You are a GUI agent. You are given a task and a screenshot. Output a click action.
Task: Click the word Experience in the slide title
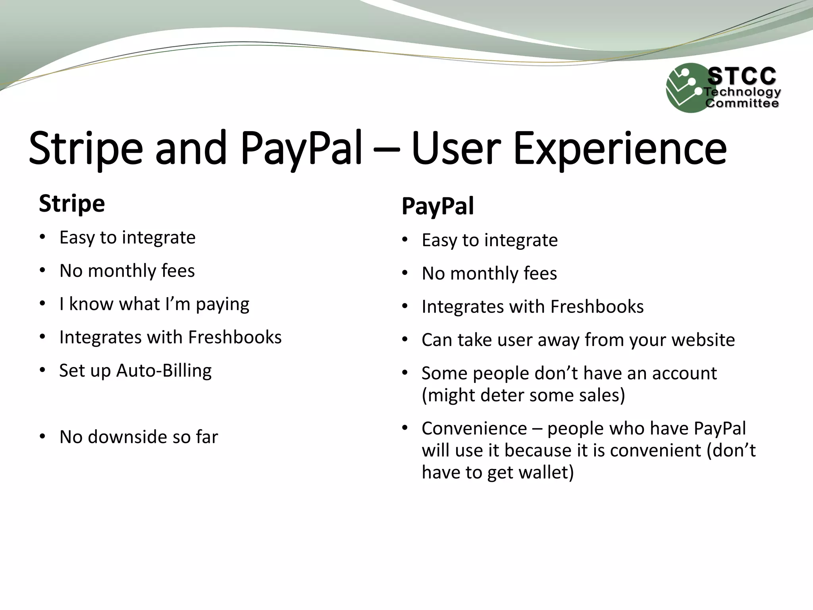[620, 149]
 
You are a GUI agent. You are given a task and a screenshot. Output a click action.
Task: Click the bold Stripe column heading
[72, 204]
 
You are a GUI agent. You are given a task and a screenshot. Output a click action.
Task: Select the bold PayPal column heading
[437, 207]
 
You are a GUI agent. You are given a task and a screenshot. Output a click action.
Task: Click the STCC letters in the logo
[741, 76]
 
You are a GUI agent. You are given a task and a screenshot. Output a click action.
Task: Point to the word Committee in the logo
[742, 104]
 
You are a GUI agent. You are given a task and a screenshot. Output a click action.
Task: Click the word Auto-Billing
[164, 371]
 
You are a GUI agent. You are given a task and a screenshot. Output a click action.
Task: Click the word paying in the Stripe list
[222, 305]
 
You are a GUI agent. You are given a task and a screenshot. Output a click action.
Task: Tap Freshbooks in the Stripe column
[235, 338]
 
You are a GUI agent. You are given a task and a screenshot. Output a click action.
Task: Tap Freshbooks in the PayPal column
[597, 307]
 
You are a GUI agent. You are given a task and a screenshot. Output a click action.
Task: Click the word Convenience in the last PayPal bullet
[474, 429]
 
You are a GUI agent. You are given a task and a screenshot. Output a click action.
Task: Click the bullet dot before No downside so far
[42, 436]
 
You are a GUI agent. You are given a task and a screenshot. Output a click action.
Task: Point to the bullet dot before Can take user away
[405, 340]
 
